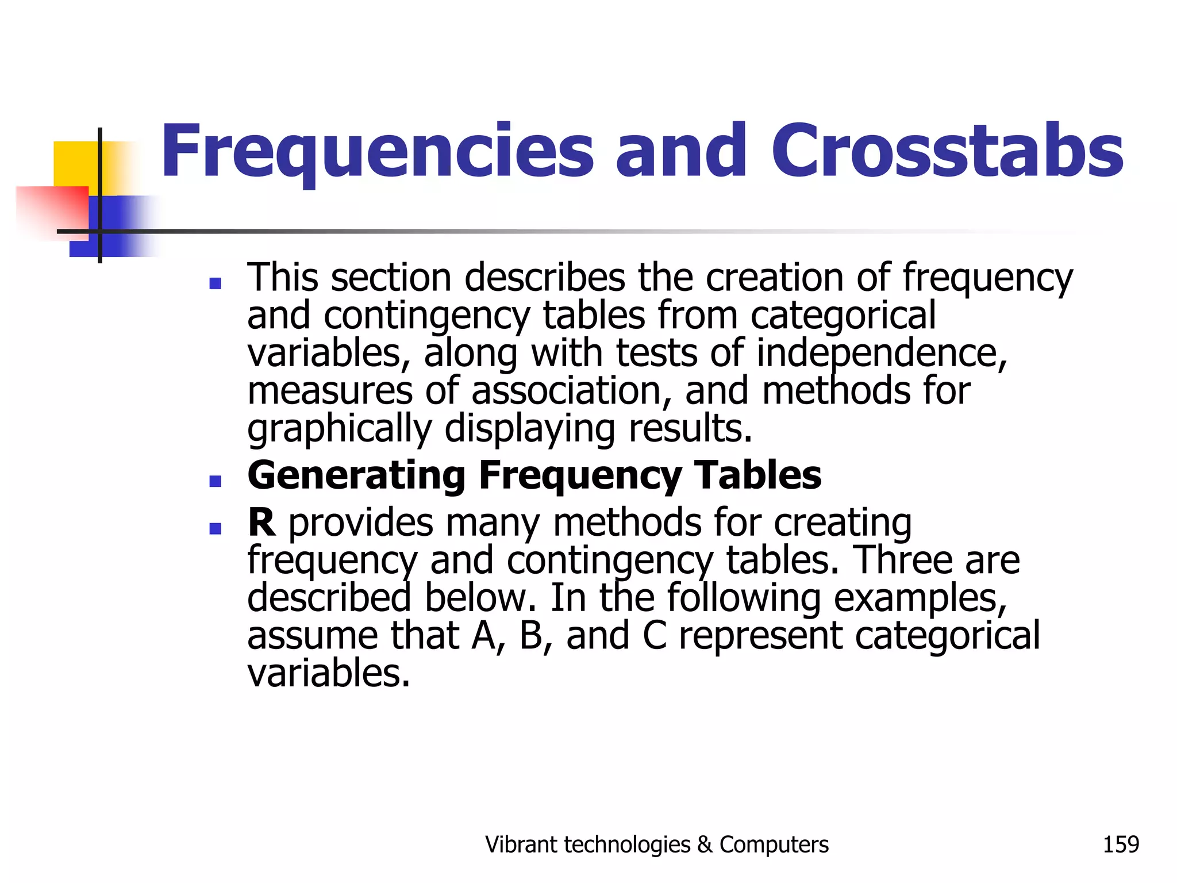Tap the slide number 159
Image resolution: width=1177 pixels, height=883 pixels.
(1121, 844)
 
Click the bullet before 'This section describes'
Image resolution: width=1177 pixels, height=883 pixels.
(216, 283)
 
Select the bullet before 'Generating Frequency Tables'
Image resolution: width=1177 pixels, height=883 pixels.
(216, 481)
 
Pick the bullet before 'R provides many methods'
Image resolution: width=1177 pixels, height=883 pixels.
(216, 528)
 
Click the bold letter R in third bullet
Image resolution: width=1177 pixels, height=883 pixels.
(261, 523)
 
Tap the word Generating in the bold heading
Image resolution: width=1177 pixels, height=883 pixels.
(356, 476)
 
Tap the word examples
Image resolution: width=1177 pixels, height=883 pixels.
(920, 599)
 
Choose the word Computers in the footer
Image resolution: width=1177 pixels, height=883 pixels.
(774, 844)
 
